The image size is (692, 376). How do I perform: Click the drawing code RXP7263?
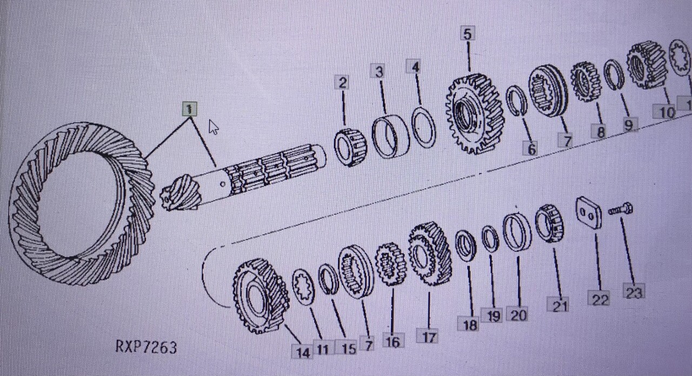click(x=146, y=347)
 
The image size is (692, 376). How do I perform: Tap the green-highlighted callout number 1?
click(x=189, y=110)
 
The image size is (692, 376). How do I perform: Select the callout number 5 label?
click(x=467, y=34)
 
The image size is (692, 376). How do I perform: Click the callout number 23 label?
click(x=634, y=292)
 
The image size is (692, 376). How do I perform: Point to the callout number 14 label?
click(x=302, y=352)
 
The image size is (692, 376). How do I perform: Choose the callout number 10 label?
click(x=667, y=113)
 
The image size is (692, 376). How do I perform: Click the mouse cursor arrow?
click(x=214, y=127)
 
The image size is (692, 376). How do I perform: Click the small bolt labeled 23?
click(x=621, y=210)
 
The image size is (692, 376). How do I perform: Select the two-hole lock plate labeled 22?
click(x=588, y=213)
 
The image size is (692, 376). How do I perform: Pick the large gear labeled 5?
click(x=474, y=114)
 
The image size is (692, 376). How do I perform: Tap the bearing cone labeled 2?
click(x=350, y=147)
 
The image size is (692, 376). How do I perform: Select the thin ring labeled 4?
click(x=424, y=127)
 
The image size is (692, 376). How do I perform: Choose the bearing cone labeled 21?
click(x=549, y=223)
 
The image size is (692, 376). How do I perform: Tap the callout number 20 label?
click(x=518, y=313)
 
